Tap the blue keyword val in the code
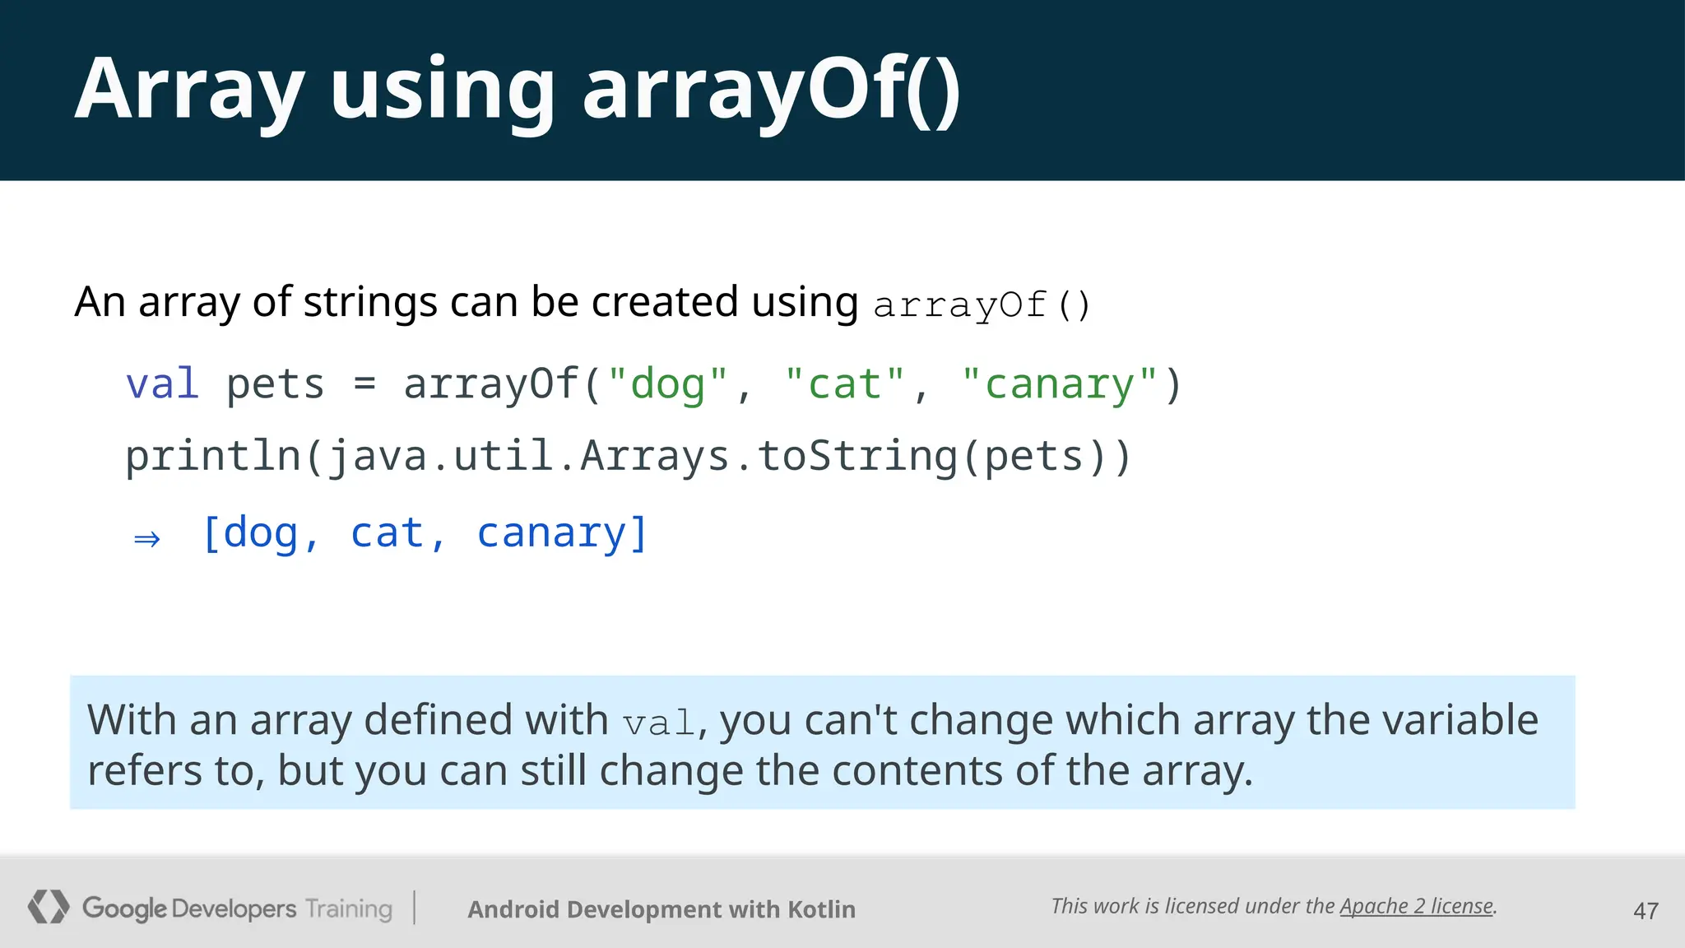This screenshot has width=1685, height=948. click(x=162, y=384)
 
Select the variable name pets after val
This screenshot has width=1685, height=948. click(x=275, y=384)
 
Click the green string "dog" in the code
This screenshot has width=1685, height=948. click(x=667, y=384)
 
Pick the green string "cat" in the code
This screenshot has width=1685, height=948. click(x=844, y=384)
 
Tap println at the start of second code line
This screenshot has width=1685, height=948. click(x=213, y=457)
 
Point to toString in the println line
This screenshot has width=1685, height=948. click(x=856, y=457)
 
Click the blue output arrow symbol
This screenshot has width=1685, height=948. click(x=147, y=539)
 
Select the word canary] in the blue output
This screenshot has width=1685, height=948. click(x=563, y=533)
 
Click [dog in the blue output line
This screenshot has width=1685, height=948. click(x=250, y=533)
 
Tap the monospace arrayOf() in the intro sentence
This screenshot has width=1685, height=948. click(x=982, y=305)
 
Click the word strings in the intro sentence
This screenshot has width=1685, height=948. click(x=370, y=302)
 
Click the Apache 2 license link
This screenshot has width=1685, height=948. click(x=1416, y=906)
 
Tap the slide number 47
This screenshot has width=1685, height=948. click(x=1646, y=911)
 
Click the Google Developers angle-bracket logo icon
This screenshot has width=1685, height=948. click(x=48, y=907)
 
